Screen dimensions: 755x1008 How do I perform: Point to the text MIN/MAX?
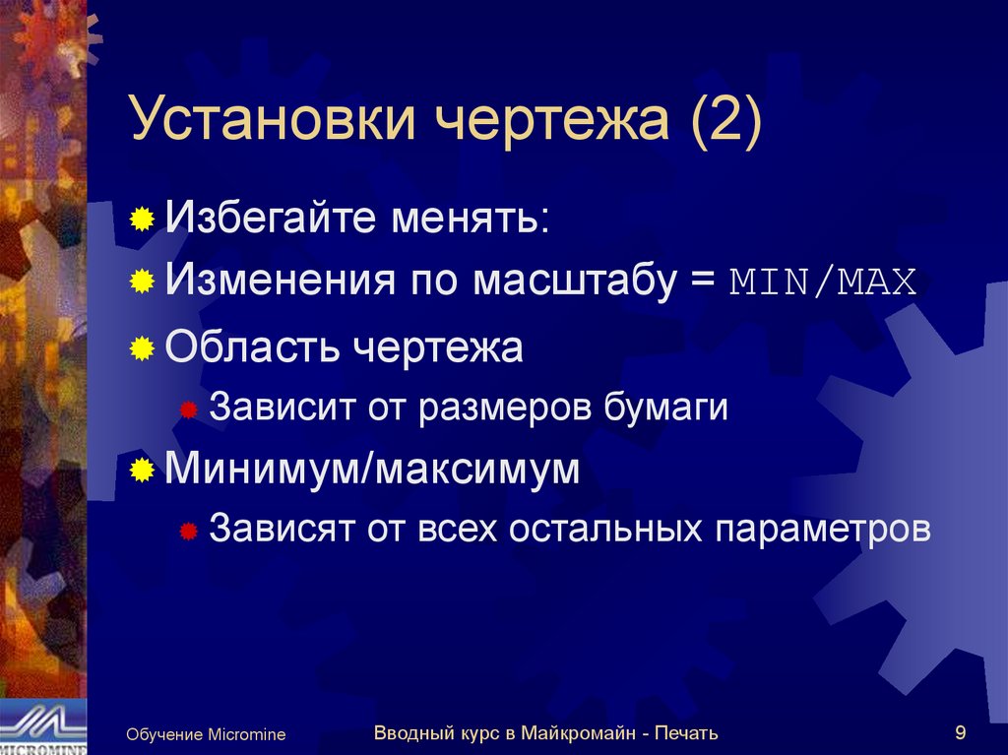click(x=823, y=283)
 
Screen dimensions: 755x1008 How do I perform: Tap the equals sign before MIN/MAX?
click(x=707, y=283)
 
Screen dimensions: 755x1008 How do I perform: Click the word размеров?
click(x=505, y=407)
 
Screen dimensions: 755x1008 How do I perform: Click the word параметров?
click(x=822, y=529)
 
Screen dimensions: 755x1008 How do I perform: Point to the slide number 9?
click(x=960, y=731)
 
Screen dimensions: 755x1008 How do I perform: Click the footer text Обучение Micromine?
click(x=205, y=734)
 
